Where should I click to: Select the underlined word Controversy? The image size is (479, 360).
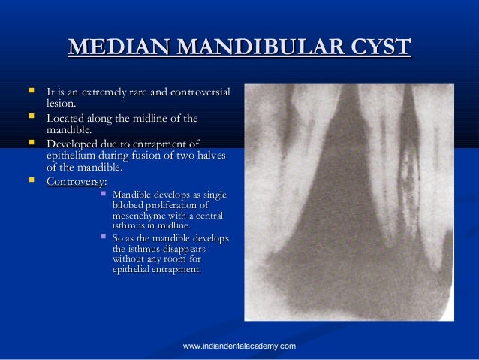(75, 181)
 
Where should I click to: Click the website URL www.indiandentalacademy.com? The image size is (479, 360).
(239, 346)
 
